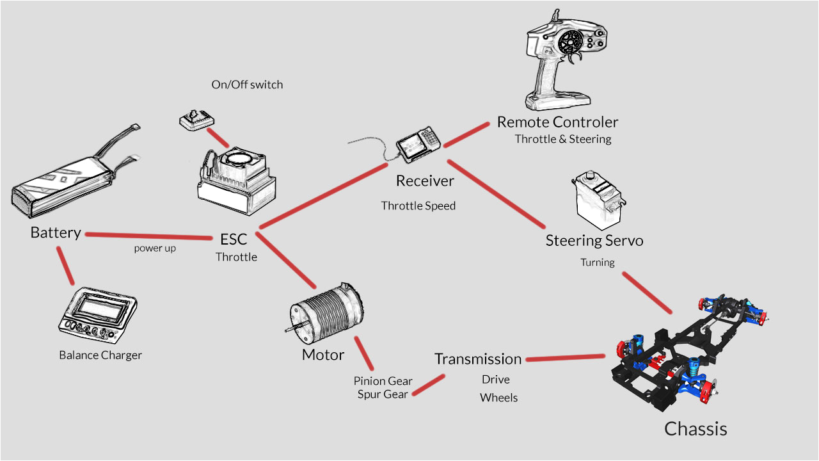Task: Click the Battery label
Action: click(56, 233)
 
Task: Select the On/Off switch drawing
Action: click(195, 120)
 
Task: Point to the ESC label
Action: click(234, 239)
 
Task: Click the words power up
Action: click(155, 248)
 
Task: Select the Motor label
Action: click(323, 355)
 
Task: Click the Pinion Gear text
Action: click(383, 381)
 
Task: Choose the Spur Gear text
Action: click(383, 394)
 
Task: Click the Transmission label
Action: click(478, 359)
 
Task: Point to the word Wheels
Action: click(498, 398)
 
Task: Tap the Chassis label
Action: click(696, 428)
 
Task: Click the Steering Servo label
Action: click(594, 241)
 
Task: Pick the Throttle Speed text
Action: click(418, 206)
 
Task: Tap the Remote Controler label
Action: click(557, 122)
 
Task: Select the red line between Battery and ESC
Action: click(148, 236)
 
